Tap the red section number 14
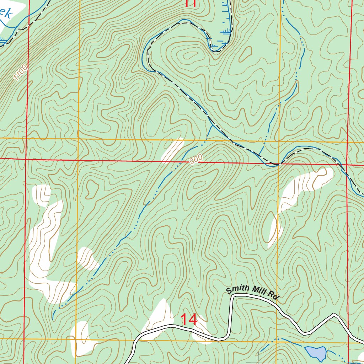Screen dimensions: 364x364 (x=189, y=320)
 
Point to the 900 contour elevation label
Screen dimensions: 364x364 (x=196, y=160)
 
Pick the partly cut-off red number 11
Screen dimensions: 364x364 (x=191, y=4)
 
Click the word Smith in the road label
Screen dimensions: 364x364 (x=238, y=289)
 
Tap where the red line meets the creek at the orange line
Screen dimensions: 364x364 (x=279, y=164)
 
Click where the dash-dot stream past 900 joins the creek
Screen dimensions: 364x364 (x=212, y=125)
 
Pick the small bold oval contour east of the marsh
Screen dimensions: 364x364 (x=245, y=53)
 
